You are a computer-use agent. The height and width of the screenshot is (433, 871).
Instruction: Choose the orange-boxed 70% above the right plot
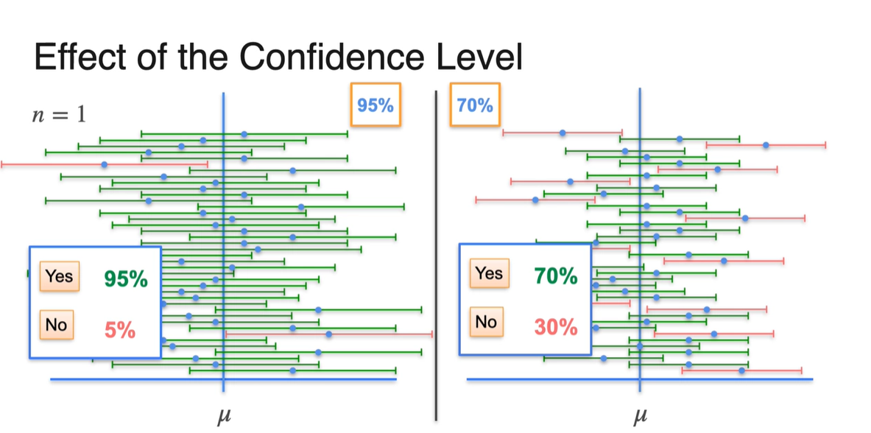click(x=475, y=105)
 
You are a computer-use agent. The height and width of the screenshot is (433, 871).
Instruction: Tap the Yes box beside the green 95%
click(x=59, y=276)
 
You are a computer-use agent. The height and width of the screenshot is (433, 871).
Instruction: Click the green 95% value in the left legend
click(x=125, y=279)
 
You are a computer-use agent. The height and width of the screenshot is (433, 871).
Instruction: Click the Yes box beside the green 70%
click(x=489, y=274)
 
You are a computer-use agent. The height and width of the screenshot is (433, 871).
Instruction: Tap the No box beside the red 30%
click(x=486, y=322)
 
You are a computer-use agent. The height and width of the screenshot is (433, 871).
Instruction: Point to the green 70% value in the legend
click(x=556, y=276)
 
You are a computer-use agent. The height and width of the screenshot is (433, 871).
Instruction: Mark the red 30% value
click(x=556, y=327)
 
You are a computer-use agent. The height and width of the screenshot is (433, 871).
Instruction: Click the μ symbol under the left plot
click(x=223, y=418)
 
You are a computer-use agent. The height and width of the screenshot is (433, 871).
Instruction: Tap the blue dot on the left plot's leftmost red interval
click(x=104, y=164)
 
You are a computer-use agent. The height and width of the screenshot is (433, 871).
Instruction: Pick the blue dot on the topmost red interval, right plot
click(x=563, y=133)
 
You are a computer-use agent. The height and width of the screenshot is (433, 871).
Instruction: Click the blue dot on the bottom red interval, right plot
click(x=741, y=370)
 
